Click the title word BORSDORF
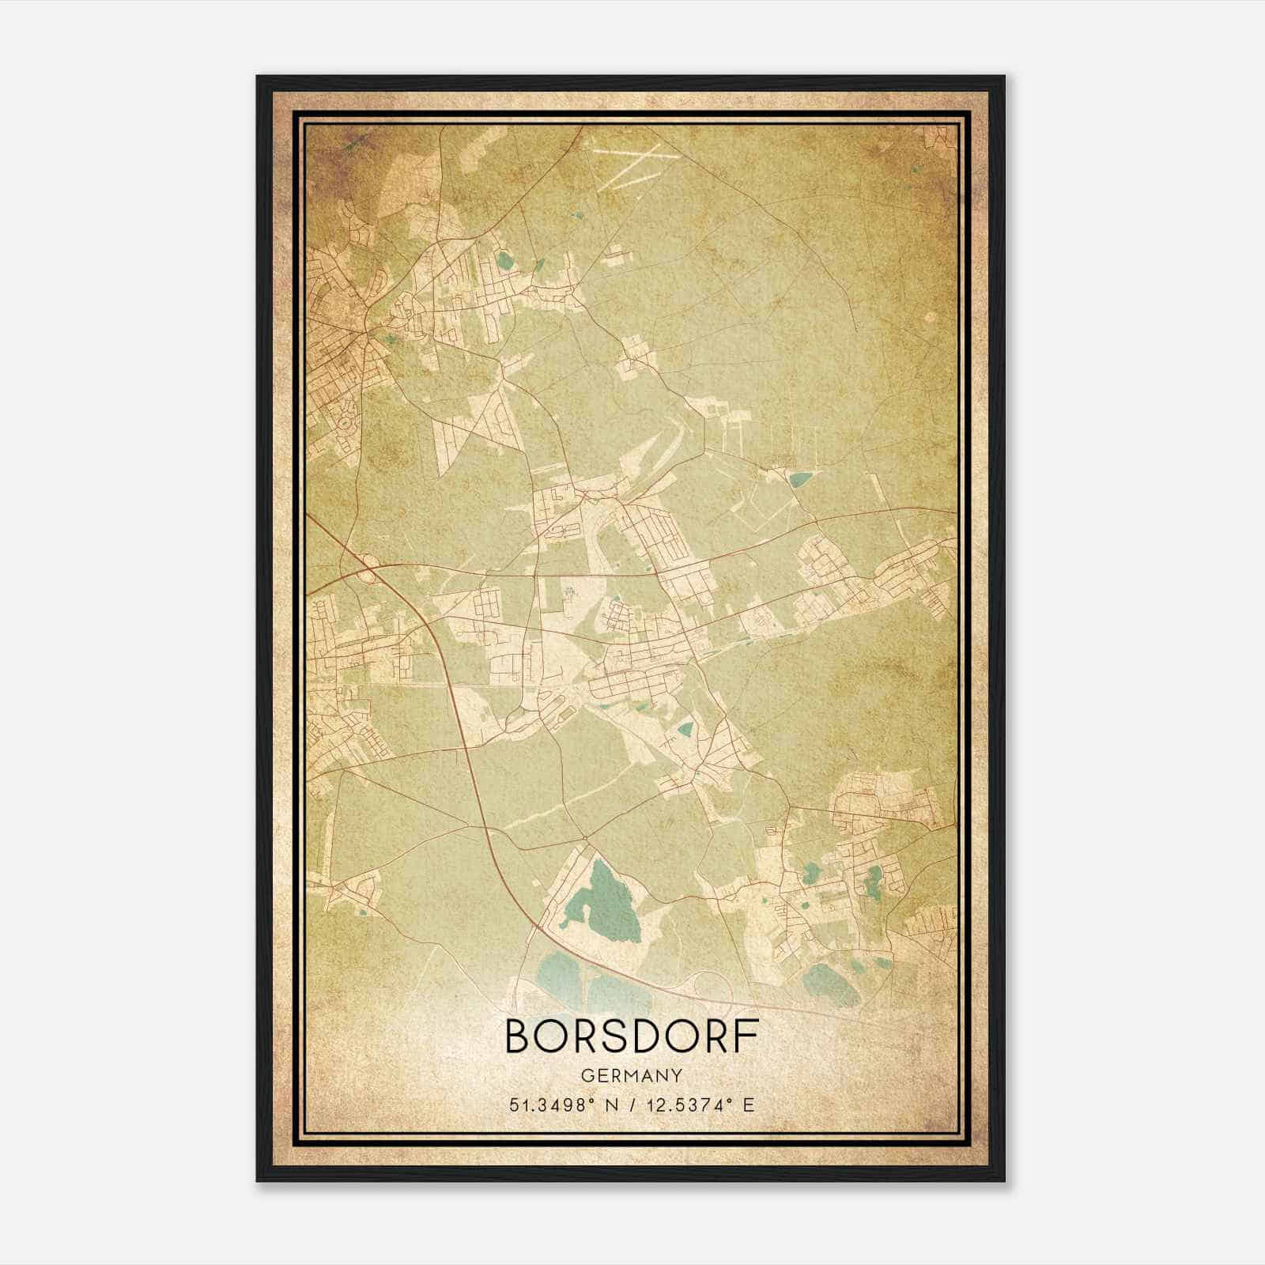tap(632, 1037)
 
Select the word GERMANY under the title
tap(632, 1076)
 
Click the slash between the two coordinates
tap(632, 1105)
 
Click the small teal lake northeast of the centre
tap(800, 478)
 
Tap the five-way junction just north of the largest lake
tap(583, 838)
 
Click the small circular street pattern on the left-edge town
tap(346, 427)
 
